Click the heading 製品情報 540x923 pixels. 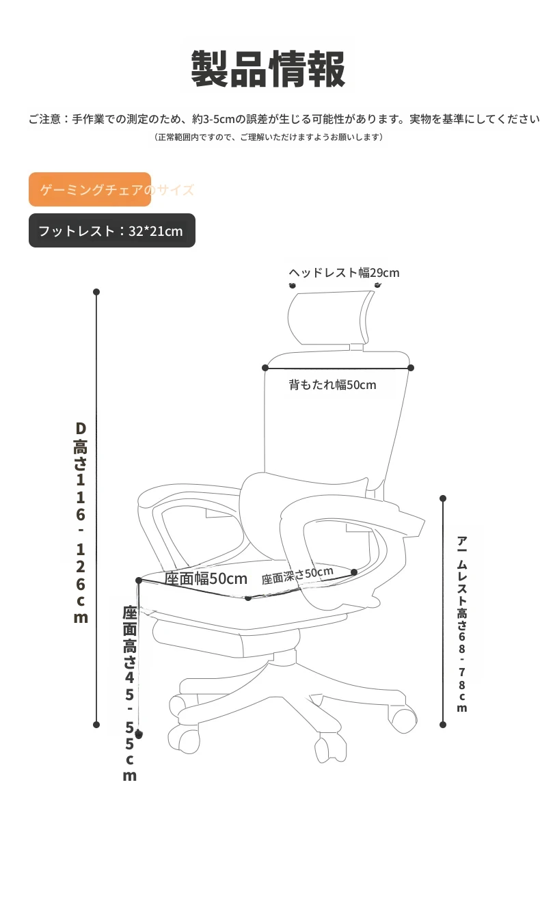(x=268, y=69)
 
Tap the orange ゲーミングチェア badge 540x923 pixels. (x=90, y=189)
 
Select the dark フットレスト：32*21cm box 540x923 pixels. (x=112, y=231)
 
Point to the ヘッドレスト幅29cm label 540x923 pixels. (x=344, y=273)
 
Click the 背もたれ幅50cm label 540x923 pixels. (x=332, y=385)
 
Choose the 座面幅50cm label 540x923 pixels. (x=206, y=578)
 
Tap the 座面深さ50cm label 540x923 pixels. (x=297, y=575)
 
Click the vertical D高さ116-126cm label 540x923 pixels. (x=81, y=522)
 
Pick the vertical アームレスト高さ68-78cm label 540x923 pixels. (x=462, y=624)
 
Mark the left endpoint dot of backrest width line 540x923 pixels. (x=265, y=368)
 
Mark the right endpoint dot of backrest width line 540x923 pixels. (x=411, y=368)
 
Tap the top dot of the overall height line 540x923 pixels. (x=96, y=292)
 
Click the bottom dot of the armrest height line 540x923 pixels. (x=443, y=725)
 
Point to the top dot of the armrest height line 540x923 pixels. (x=443, y=498)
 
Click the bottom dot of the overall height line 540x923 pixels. (x=96, y=725)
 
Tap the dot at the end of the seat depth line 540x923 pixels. (x=354, y=572)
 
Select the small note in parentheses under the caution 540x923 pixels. (x=268, y=137)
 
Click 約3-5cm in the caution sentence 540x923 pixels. (x=213, y=119)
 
